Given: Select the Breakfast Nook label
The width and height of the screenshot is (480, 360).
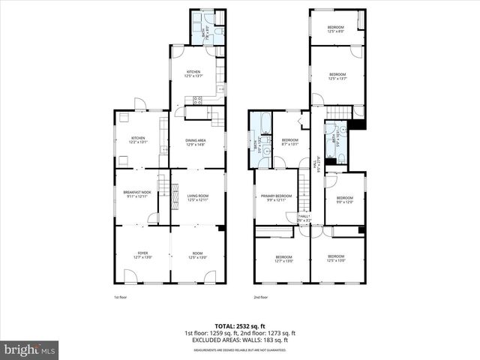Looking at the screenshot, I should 138,193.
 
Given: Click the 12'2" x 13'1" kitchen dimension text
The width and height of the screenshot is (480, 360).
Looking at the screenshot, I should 138,142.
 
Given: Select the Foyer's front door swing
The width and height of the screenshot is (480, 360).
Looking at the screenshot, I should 130,276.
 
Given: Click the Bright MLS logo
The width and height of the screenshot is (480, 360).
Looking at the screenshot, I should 30,349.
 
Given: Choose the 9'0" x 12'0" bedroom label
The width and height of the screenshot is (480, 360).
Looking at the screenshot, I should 346,199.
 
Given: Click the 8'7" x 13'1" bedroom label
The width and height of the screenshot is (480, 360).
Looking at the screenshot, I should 289,140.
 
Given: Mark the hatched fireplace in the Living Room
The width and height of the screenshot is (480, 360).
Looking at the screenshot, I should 220,228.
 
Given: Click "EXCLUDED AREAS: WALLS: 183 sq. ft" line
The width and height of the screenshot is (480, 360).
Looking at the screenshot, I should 239,340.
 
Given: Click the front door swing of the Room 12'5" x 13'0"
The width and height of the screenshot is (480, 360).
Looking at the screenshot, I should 210,276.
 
